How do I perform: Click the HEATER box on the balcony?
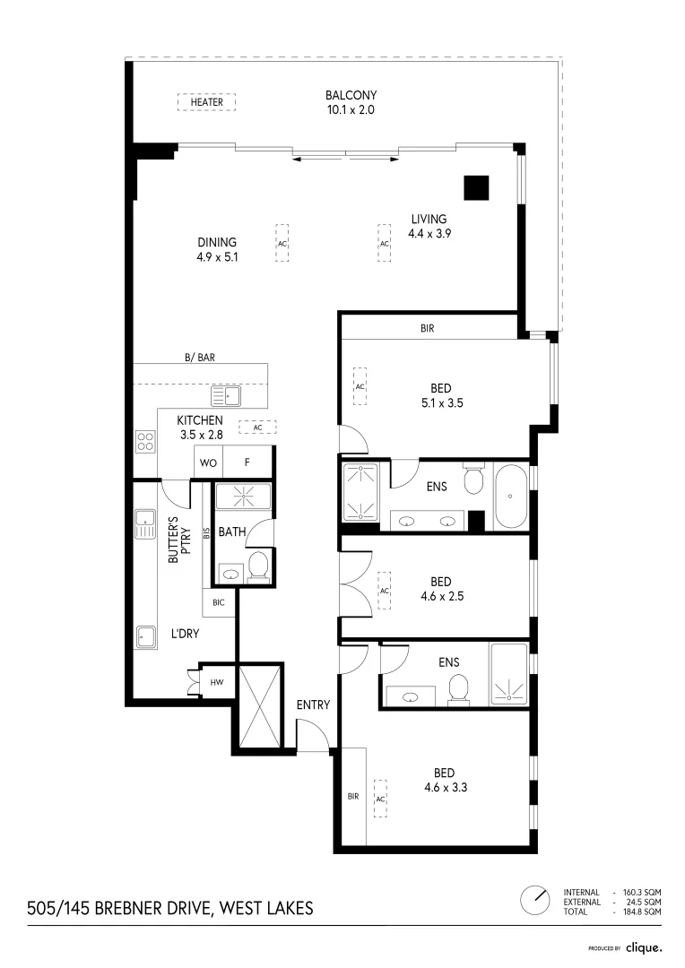tap(206, 102)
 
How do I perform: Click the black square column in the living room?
tap(476, 187)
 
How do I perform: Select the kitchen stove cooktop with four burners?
tap(144, 440)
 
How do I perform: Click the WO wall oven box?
tap(207, 463)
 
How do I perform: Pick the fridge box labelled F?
tap(247, 463)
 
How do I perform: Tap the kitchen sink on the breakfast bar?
tap(226, 394)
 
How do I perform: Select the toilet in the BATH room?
tap(257, 565)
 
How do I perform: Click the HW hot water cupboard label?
tap(216, 683)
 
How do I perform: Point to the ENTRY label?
tap(313, 705)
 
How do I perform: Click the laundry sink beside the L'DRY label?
tap(146, 635)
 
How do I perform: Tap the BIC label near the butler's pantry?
tap(219, 602)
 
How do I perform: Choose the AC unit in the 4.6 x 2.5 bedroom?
tap(384, 591)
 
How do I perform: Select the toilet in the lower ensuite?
tap(458, 687)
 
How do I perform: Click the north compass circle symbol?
tap(535, 899)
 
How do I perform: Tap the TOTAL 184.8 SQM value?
tap(642, 912)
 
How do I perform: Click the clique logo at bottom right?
tap(643, 946)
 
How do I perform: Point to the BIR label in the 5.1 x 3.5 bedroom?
tap(427, 329)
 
